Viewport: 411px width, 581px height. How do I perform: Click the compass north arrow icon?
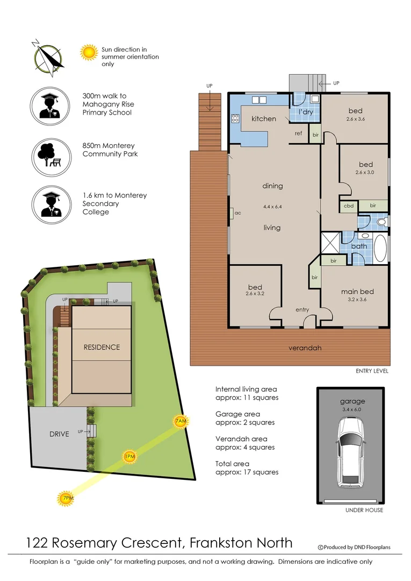coord(47,55)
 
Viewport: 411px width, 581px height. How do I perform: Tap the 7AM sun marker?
coord(181,421)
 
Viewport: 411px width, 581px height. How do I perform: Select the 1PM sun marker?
coord(129,457)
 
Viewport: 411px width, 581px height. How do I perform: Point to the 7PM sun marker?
coord(66,499)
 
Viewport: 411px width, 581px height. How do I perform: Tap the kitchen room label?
coord(264,118)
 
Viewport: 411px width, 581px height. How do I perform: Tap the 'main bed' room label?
coord(357,292)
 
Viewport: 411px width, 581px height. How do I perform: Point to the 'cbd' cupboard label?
coord(348,206)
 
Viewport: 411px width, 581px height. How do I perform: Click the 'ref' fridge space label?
coord(298,133)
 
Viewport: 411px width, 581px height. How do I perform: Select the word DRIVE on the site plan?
coord(59,434)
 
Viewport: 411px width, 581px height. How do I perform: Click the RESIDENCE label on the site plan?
coord(102,347)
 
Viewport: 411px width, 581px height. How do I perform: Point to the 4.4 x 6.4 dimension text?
coord(272,206)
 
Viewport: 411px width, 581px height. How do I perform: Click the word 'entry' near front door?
coord(302,310)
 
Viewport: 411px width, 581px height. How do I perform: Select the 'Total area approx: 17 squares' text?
coord(247,467)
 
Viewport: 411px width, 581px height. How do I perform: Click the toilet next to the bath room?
coord(381,221)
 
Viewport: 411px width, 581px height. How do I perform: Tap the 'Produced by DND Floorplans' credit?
coord(355,547)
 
